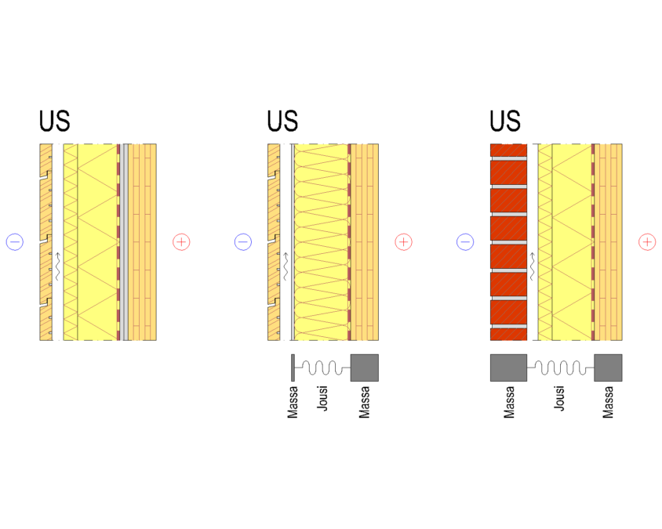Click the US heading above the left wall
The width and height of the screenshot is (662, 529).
click(54, 121)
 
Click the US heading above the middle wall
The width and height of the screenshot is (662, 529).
click(282, 121)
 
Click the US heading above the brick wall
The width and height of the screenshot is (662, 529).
click(505, 121)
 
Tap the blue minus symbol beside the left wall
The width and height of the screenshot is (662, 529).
click(15, 242)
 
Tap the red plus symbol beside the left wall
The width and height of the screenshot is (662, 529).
click(181, 242)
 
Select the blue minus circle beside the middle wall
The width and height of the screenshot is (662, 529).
click(243, 242)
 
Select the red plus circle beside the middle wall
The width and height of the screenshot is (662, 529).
click(404, 242)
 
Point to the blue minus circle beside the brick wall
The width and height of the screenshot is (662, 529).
click(465, 242)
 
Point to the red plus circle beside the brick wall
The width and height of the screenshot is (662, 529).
click(647, 242)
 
